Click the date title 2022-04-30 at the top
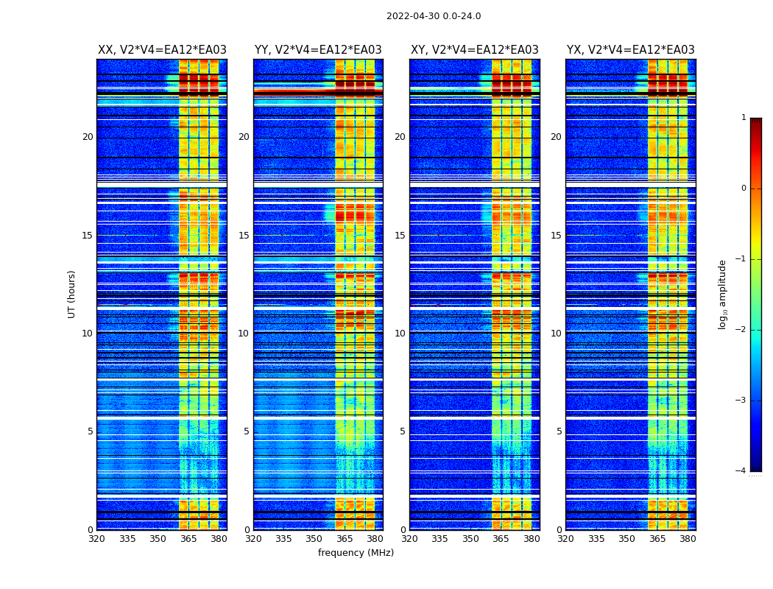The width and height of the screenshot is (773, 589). (434, 16)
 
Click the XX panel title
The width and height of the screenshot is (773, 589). (162, 50)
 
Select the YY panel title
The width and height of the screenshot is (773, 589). (318, 50)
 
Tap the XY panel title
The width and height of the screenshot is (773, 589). (475, 50)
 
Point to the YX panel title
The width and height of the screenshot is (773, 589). (631, 50)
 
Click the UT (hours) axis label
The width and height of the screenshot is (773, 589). (72, 294)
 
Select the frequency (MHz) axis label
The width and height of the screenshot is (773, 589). (356, 553)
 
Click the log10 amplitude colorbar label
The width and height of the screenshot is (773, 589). (723, 294)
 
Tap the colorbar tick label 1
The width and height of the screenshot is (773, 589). (744, 118)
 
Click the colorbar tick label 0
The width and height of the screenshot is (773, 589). (744, 188)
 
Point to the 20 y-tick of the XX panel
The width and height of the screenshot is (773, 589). (88, 137)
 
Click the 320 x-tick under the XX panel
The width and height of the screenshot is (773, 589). (97, 539)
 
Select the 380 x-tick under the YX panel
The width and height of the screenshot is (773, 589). (688, 539)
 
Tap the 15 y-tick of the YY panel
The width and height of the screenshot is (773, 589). (244, 236)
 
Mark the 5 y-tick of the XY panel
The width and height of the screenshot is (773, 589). (403, 431)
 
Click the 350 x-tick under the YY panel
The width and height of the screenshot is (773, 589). (314, 539)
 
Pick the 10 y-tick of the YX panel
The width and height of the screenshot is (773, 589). (556, 334)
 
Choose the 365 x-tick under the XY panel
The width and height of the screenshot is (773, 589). (501, 539)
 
